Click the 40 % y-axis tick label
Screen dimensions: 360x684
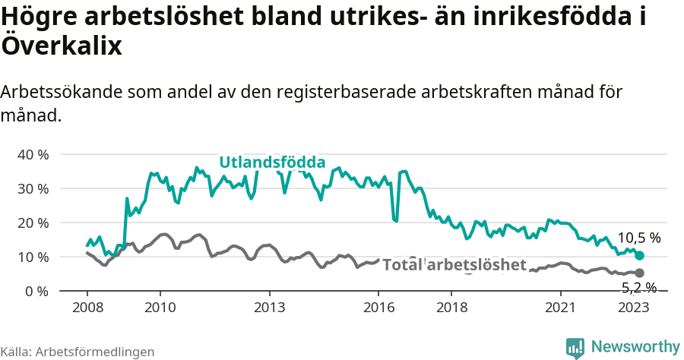click(32, 154)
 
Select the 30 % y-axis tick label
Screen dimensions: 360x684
click(32, 188)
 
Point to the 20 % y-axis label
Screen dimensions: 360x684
click(32, 223)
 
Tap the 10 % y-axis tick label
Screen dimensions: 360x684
click(32, 257)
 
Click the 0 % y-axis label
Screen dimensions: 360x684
click(36, 291)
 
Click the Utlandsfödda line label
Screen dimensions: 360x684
click(272, 162)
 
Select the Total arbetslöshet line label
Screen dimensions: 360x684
click(454, 264)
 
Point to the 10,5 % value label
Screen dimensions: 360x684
click(638, 238)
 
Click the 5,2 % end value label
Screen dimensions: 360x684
click(638, 287)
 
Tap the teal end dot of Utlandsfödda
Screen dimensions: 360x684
click(639, 256)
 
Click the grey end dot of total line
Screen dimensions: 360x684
click(639, 273)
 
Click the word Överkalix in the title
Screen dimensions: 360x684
click(62, 46)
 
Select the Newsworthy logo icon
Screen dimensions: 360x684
click(575, 347)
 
